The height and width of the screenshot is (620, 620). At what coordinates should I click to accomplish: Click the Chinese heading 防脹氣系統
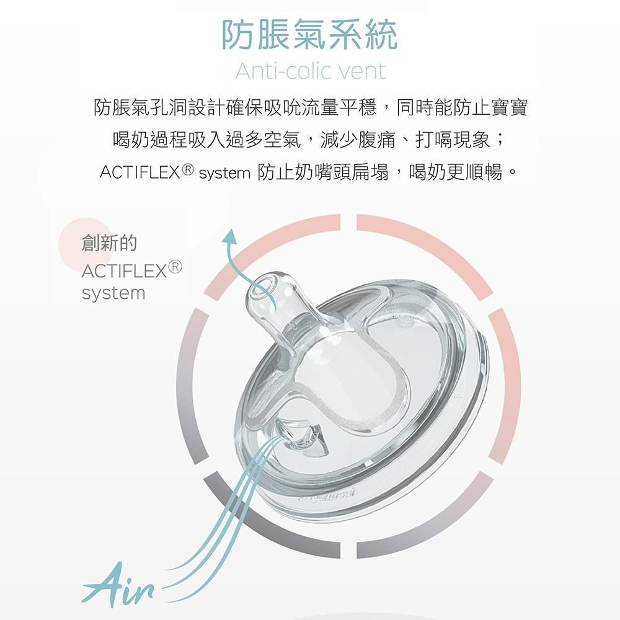coord(310,36)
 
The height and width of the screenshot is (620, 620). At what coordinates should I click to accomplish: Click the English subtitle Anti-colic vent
coord(310,71)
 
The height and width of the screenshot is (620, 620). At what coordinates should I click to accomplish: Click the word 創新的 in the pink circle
coord(109,243)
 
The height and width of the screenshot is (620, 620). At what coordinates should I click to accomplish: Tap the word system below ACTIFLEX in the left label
coord(113,293)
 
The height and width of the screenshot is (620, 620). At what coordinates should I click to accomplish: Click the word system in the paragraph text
coord(224,172)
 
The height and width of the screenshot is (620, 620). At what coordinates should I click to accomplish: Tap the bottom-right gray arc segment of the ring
coord(434,521)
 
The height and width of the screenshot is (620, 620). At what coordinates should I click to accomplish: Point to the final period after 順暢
coord(511,172)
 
